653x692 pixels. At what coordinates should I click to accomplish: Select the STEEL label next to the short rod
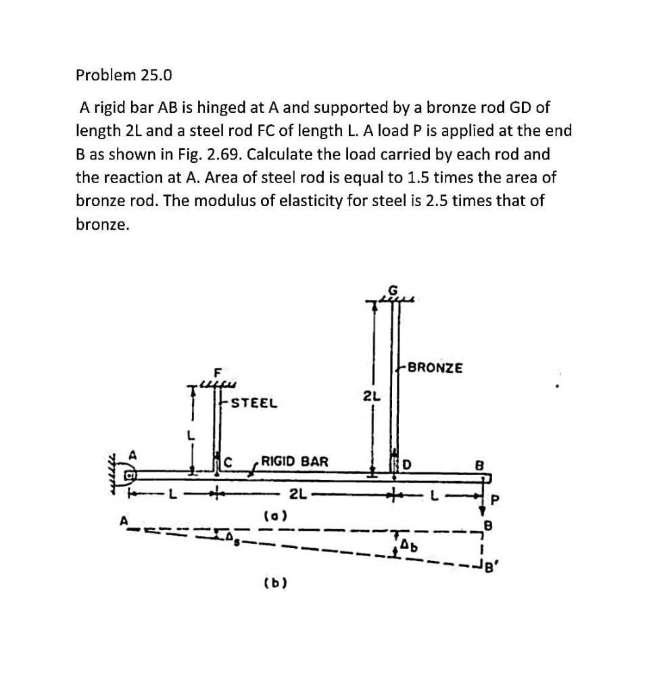pyautogui.click(x=253, y=403)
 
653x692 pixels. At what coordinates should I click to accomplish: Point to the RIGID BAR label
pyautogui.click(x=295, y=462)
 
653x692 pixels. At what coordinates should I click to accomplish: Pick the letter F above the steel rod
pyautogui.click(x=217, y=372)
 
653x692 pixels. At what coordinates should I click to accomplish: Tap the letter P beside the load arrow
pyautogui.click(x=495, y=500)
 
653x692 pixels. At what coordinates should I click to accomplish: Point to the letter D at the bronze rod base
pyautogui.click(x=407, y=464)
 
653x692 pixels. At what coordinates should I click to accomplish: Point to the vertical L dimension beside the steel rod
pyautogui.click(x=191, y=437)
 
